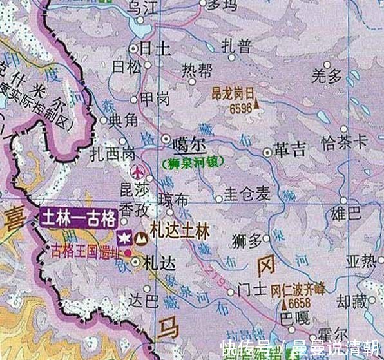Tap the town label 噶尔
pos(182,144)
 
